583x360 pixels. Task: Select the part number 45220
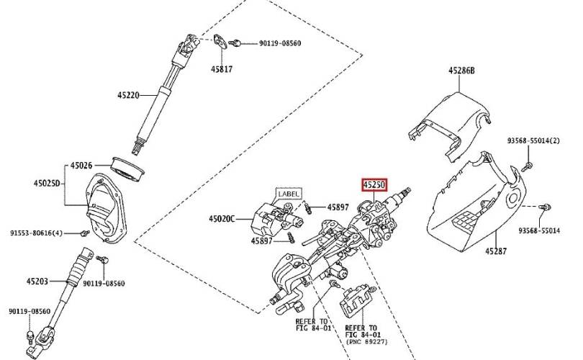(130, 94)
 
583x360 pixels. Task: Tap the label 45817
(222, 70)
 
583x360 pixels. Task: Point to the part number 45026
(81, 166)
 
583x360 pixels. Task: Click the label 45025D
(48, 184)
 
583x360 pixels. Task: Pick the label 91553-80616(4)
(37, 233)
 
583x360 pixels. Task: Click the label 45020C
(222, 218)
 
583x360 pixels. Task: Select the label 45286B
(462, 71)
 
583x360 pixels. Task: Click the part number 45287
(497, 252)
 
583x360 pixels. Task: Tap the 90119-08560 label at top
(280, 44)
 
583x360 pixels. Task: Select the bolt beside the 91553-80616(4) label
(85, 233)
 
